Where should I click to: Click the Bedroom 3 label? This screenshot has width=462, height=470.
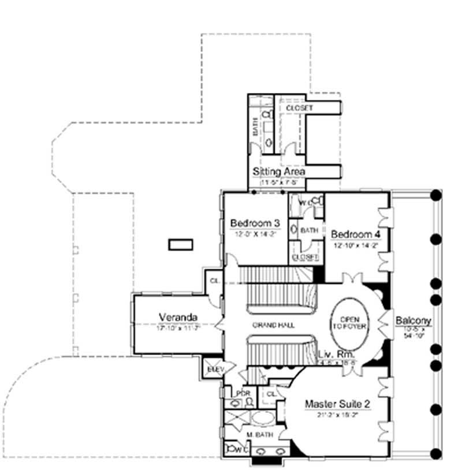click(x=255, y=223)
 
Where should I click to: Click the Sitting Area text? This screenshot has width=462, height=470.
click(x=279, y=171)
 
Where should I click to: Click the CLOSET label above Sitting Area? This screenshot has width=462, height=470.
click(x=299, y=109)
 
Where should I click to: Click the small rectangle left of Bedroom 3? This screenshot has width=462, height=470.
click(x=180, y=245)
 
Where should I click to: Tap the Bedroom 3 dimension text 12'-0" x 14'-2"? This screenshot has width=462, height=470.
click(x=255, y=234)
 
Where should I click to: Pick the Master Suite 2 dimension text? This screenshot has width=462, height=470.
click(x=337, y=415)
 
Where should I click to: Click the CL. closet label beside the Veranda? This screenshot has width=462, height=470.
click(x=213, y=280)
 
